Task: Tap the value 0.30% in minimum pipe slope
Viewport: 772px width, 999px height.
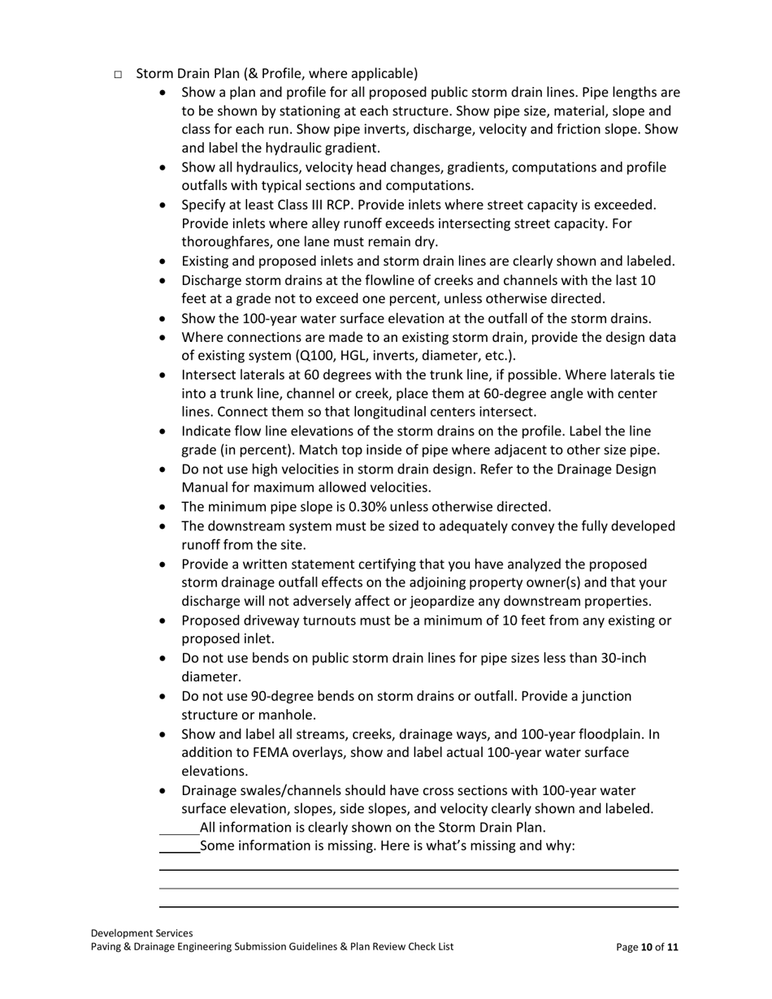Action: pyautogui.click(x=367, y=507)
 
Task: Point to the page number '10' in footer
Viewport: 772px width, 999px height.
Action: pyautogui.click(x=647, y=947)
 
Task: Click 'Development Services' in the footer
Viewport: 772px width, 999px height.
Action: pyautogui.click(x=141, y=934)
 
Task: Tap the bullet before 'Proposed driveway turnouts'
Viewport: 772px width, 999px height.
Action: pyautogui.click(x=165, y=621)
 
